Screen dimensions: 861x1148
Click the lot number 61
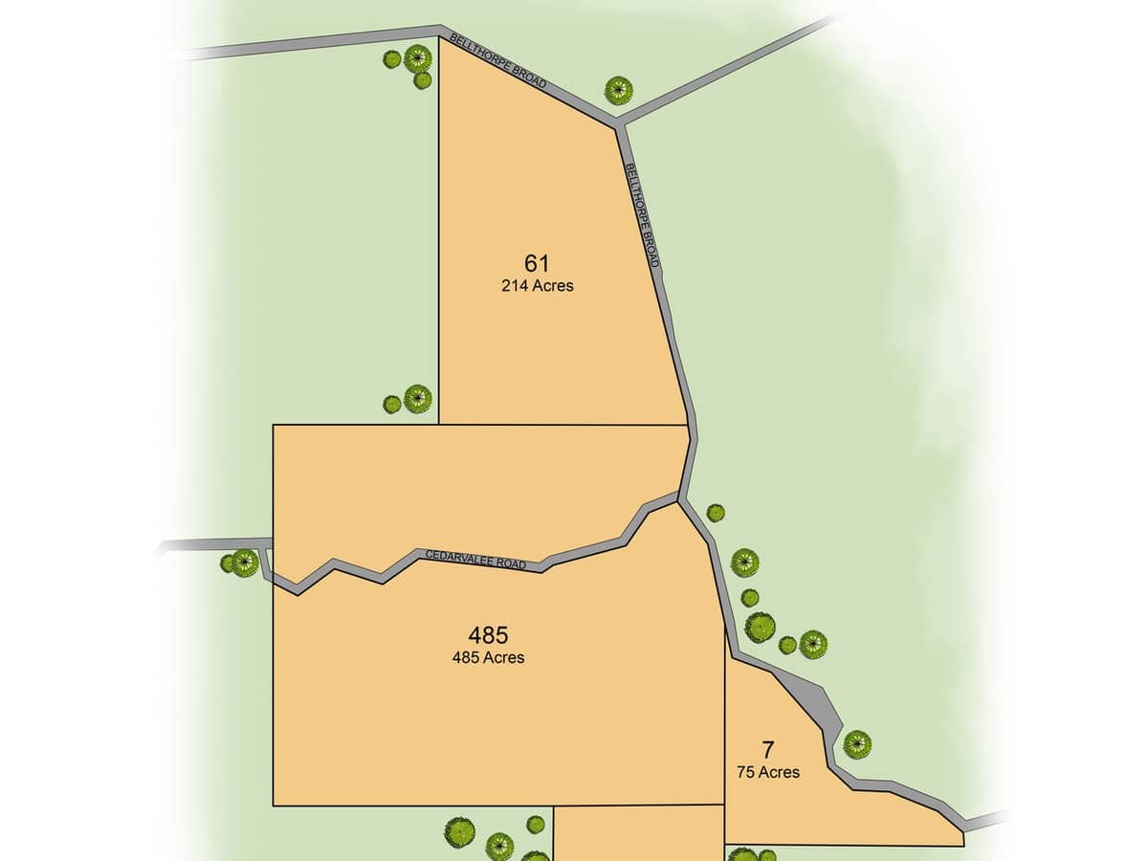[x=537, y=263]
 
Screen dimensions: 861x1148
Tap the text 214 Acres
[x=537, y=285]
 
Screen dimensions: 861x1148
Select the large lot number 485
[x=488, y=634]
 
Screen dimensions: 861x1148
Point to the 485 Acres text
[x=488, y=657]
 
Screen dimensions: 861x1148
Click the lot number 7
[x=767, y=750]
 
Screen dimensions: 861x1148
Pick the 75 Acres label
[x=767, y=772]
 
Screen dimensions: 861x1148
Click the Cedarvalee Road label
[x=475, y=560]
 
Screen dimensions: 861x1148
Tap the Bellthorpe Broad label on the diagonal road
[x=498, y=63]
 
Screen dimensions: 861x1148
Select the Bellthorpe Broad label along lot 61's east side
[x=643, y=214]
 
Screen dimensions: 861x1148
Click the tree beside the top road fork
[x=619, y=91]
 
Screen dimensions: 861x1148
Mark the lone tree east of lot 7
[x=857, y=743]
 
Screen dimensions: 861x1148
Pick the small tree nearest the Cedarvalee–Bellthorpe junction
[x=716, y=513]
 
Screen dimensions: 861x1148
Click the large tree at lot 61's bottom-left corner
[x=418, y=398]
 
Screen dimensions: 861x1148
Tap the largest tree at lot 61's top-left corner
[x=418, y=59]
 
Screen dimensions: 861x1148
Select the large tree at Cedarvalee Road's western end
[x=245, y=563]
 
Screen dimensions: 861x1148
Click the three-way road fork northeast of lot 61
[x=620, y=122]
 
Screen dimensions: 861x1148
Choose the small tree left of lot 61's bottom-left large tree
[x=392, y=405]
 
